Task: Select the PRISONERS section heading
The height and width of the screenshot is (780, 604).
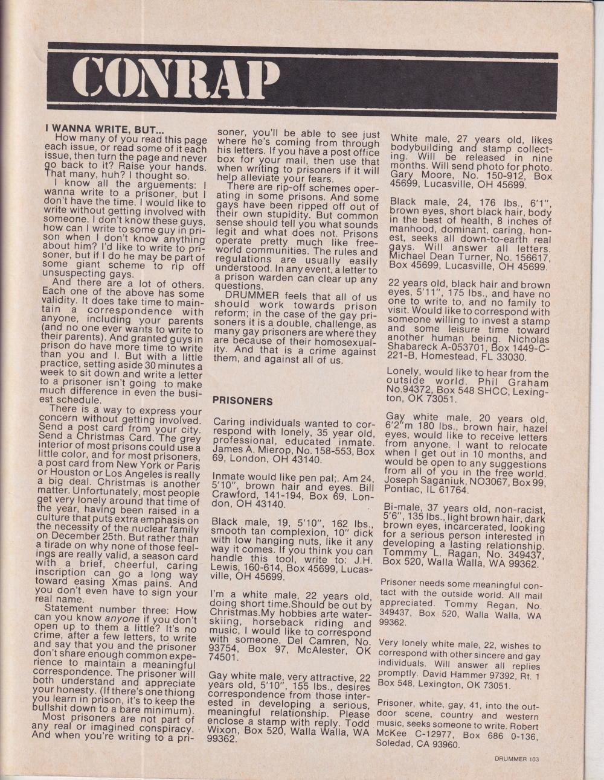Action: point(243,401)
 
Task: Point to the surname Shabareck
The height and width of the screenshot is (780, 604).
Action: point(417,347)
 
